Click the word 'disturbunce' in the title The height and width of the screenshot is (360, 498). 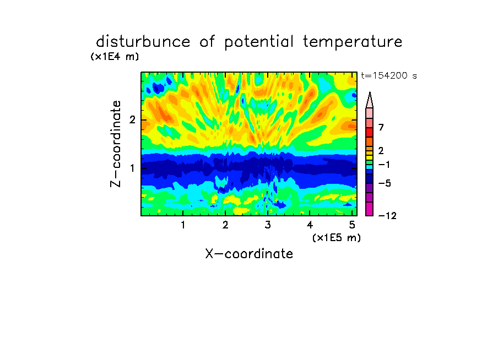click(x=143, y=41)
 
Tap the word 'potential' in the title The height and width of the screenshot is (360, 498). click(x=259, y=42)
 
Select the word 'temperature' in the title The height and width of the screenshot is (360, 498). click(x=353, y=42)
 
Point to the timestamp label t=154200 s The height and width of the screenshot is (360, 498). click(x=389, y=75)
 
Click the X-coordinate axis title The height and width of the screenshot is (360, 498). click(x=249, y=254)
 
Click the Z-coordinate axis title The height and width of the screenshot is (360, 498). click(x=116, y=144)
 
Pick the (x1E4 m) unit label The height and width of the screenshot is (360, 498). click(x=115, y=57)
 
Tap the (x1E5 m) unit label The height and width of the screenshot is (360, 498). click(x=337, y=238)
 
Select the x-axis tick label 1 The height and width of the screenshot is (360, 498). click(x=183, y=225)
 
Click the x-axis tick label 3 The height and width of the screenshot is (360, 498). click(x=268, y=225)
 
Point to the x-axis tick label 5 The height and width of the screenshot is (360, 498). click(x=352, y=225)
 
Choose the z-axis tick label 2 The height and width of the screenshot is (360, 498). click(x=132, y=120)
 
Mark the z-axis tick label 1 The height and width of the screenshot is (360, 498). click(x=132, y=168)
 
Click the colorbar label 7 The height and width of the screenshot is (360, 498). click(x=381, y=128)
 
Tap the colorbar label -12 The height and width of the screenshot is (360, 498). click(x=387, y=216)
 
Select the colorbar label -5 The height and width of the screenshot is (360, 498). click(x=385, y=183)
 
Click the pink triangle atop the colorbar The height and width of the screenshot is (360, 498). click(x=370, y=100)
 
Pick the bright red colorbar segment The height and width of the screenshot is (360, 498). click(x=370, y=132)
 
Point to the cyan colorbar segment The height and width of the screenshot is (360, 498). click(x=370, y=167)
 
